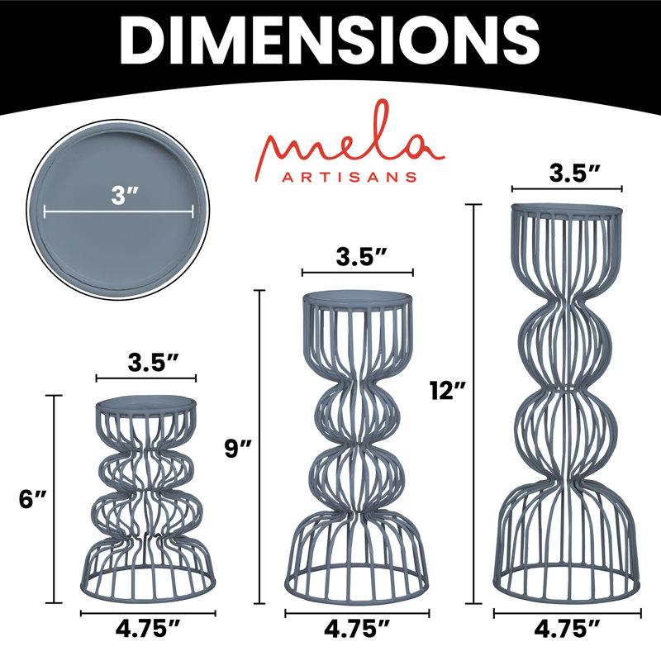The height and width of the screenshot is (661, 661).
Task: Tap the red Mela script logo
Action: (350, 141)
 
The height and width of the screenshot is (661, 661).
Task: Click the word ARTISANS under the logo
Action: (350, 177)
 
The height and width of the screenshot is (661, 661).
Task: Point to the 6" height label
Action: (32, 500)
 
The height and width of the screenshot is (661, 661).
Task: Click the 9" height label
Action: (238, 448)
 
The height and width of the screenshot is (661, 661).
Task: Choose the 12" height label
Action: (448, 390)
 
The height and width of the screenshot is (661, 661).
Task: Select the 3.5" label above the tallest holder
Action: (574, 173)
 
